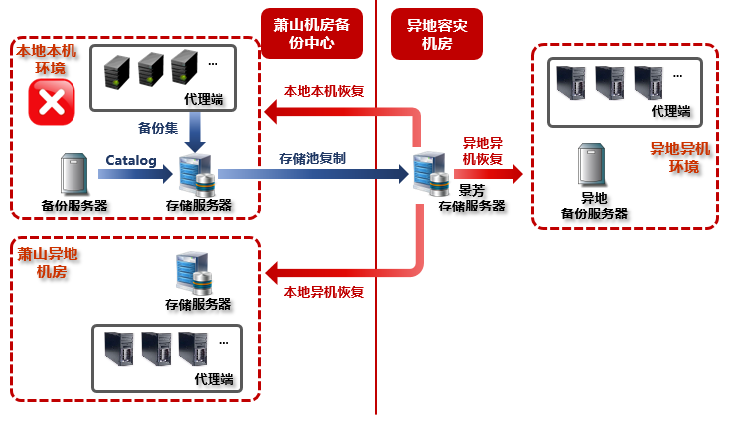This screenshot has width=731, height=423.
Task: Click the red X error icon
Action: [51, 103]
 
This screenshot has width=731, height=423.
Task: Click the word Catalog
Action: [131, 160]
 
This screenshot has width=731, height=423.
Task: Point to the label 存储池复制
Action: [313, 158]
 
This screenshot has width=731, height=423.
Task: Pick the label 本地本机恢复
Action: [324, 90]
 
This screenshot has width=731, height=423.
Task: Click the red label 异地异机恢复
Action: [484, 151]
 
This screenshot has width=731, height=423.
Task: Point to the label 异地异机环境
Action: [679, 157]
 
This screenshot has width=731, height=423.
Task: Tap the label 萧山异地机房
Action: [47, 262]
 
